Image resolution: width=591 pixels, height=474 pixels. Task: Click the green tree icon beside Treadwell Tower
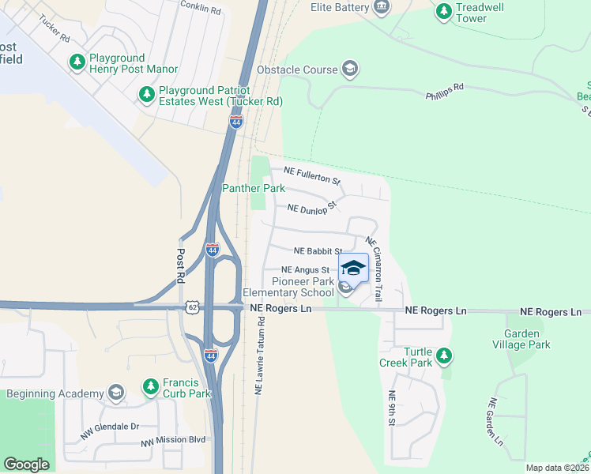[443, 11]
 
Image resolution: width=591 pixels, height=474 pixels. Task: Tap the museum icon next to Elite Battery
[382, 8]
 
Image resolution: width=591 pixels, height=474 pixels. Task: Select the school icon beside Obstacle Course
[349, 70]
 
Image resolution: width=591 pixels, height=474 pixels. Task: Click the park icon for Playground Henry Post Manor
[77, 61]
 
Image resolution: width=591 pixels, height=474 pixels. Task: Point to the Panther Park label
[253, 188]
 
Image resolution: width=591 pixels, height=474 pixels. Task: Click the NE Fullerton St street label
[306, 175]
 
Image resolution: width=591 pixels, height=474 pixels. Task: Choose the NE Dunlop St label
[312, 208]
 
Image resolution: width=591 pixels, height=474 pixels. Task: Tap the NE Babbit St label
[318, 251]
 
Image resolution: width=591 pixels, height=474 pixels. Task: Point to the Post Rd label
[180, 267]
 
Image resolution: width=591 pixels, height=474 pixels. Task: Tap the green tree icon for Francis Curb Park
[150, 387]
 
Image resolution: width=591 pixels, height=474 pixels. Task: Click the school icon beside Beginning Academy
[116, 393]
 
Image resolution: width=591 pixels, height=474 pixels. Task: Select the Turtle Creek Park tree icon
[444, 356]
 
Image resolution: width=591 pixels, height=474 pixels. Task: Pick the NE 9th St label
[390, 409]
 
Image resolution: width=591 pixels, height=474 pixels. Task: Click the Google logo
[26, 464]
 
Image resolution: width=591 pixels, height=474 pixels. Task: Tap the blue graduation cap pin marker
[353, 269]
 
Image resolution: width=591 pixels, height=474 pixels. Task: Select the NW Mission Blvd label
[173, 441]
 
